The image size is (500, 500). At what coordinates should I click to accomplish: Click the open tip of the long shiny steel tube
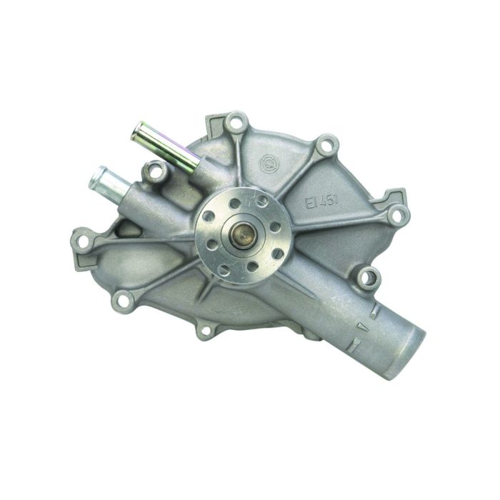138,131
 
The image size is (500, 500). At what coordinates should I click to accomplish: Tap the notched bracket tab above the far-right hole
394,193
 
